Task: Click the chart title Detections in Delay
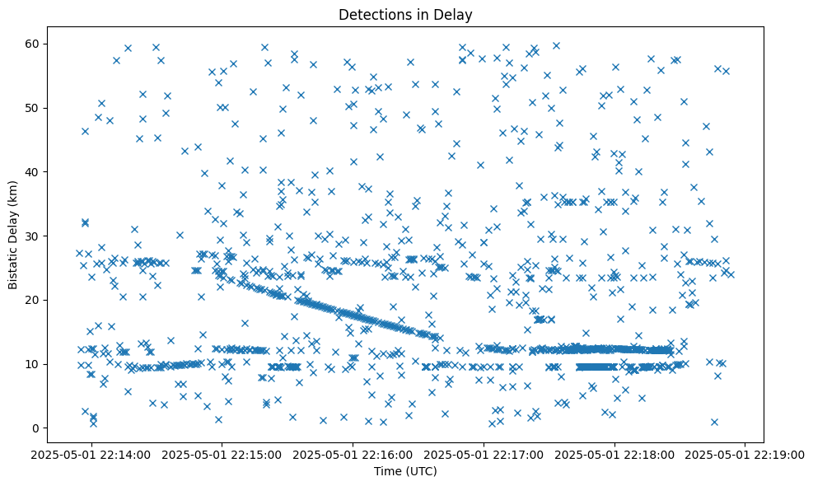tap(405, 14)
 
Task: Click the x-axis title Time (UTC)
tap(405, 472)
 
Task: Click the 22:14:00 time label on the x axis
tap(91, 454)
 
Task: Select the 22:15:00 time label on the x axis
tap(222, 454)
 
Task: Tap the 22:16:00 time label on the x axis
tap(353, 454)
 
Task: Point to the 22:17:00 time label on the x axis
tap(484, 454)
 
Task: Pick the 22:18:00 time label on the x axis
tap(615, 454)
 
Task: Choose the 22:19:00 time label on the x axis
tap(746, 454)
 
